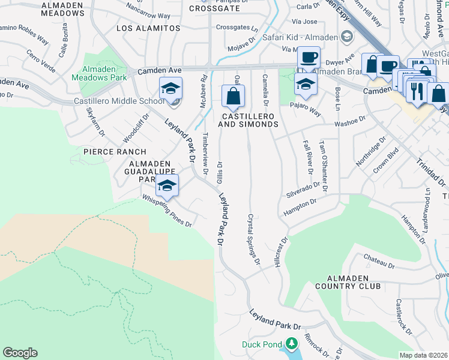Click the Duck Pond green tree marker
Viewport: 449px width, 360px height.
click(291, 344)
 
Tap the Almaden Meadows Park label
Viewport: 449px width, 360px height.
click(99, 73)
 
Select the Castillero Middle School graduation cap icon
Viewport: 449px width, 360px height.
click(170, 89)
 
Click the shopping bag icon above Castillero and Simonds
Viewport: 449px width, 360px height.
click(233, 95)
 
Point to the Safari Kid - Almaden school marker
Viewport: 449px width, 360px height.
click(346, 37)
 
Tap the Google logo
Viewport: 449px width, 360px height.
click(20, 353)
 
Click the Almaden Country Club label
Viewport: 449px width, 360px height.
click(354, 282)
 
